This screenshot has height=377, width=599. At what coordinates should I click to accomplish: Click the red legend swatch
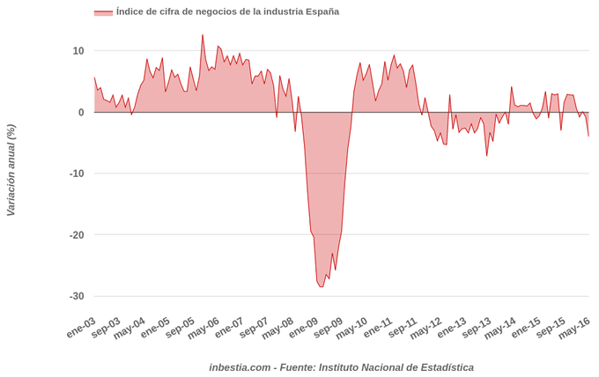[103, 12]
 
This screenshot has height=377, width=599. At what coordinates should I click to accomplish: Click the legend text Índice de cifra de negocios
[227, 11]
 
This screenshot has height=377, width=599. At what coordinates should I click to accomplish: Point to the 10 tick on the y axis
[78, 51]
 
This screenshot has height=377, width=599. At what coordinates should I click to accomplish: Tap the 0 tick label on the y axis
[81, 113]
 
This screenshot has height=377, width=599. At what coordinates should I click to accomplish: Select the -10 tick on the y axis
[77, 174]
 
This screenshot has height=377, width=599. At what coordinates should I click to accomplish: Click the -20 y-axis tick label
[77, 235]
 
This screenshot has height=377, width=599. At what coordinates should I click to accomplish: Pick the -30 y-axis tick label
[77, 296]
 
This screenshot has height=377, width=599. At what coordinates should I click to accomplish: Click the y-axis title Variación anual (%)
[11, 170]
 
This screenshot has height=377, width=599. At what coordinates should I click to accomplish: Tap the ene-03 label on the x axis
[81, 328]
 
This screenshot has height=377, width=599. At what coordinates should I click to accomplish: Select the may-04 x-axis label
[129, 329]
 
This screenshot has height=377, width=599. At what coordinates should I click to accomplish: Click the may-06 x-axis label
[203, 329]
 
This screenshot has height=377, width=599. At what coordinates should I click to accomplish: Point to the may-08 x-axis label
[277, 329]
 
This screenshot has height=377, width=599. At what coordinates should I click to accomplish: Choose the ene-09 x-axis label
[303, 329]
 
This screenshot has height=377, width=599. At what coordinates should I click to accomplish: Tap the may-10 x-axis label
[351, 329]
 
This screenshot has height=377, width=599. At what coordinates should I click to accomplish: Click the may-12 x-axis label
[425, 329]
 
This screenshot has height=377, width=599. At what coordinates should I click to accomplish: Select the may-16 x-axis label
[573, 329]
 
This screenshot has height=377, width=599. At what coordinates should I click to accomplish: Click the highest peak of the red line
[203, 35]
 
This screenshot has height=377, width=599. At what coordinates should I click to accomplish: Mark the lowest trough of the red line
[322, 286]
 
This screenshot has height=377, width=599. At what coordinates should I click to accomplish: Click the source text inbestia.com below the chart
[240, 367]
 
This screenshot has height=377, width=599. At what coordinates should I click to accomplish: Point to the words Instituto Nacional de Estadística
[396, 367]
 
